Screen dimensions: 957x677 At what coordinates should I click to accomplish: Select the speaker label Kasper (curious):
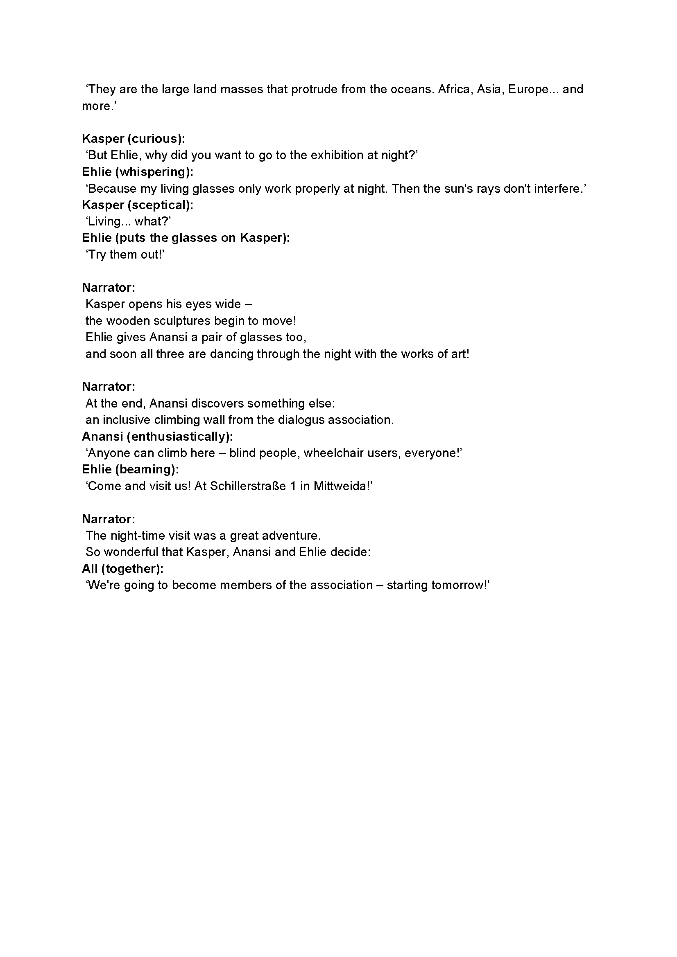[134, 138]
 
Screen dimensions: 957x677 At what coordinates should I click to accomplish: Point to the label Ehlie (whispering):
[138, 172]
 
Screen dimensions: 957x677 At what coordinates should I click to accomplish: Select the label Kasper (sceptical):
[138, 205]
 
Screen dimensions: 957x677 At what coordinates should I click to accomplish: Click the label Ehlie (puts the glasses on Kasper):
[186, 238]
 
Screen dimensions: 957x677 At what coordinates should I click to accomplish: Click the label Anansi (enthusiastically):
[157, 437]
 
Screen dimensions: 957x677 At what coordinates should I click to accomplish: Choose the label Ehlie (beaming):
[130, 469]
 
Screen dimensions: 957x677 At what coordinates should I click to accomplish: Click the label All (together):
[122, 569]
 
